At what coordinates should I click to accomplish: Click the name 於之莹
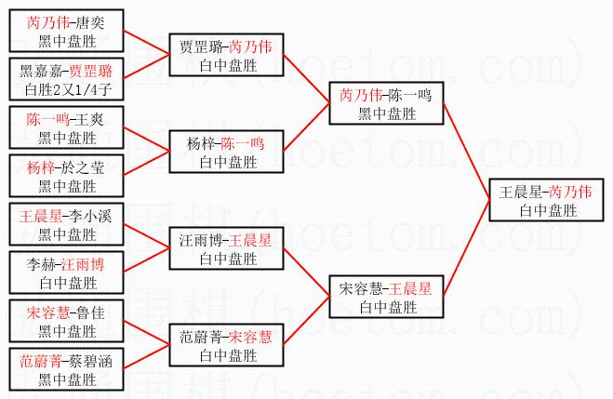coord(87,168)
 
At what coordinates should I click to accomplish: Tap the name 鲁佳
coord(87,312)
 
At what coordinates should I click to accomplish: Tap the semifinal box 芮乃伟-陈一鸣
coord(384,103)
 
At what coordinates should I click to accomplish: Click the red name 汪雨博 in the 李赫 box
coord(84,264)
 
